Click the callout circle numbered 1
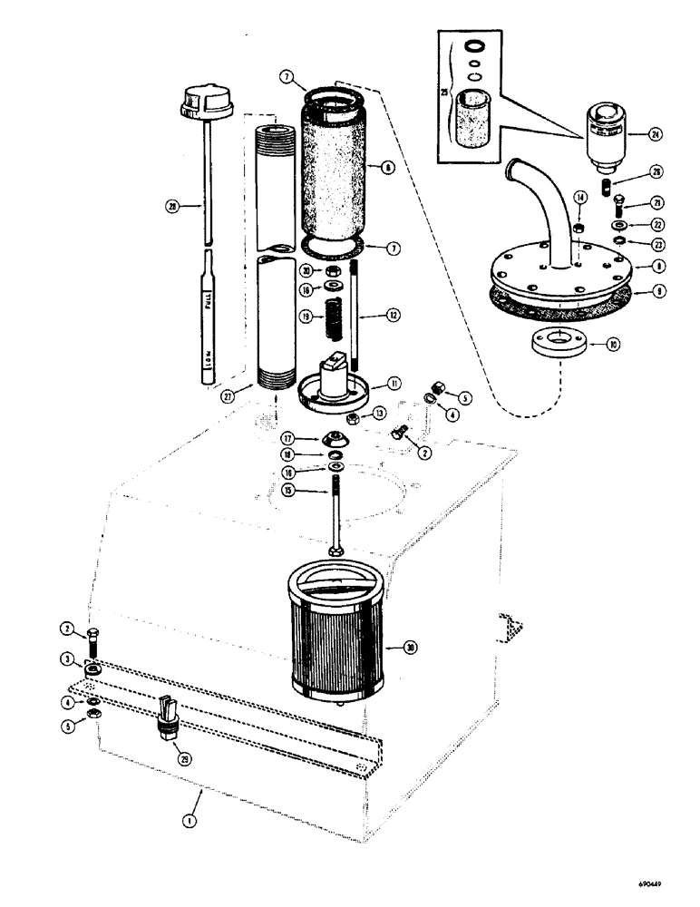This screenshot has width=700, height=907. coord(189,821)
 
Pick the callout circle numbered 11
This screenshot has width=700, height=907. coord(396,384)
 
